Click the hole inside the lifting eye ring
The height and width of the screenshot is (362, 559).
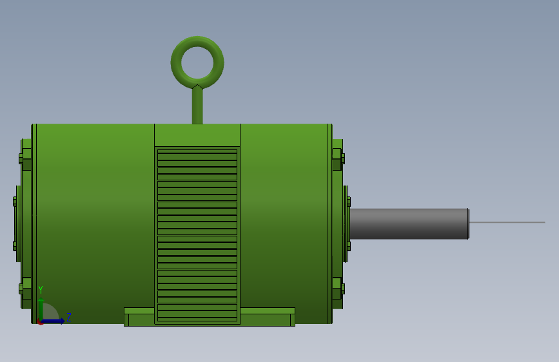tap(197, 62)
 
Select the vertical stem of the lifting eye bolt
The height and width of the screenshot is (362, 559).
tap(197, 106)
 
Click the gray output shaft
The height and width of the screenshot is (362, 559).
tap(407, 224)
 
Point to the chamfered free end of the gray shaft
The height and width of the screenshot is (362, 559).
tap(467, 224)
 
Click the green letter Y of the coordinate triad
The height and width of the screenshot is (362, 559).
tap(41, 290)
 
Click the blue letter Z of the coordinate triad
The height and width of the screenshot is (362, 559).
tap(69, 317)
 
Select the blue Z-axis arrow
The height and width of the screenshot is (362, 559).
tap(55, 321)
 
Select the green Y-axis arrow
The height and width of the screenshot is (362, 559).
tap(41, 308)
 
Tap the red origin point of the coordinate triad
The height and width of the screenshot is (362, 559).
tap(41, 321)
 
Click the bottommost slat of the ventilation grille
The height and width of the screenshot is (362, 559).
tap(197, 317)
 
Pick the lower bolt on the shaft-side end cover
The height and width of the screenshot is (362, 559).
tap(337, 289)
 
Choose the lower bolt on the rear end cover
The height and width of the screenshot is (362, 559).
tap(25, 289)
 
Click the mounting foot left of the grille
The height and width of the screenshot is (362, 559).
tap(139, 316)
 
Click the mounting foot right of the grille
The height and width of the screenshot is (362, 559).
tap(268, 316)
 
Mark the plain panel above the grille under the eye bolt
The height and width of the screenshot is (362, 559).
tap(197, 135)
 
